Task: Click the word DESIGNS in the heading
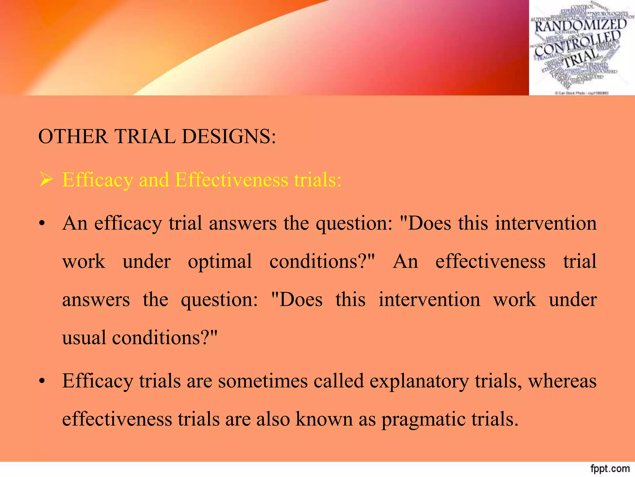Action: pyautogui.click(x=229, y=137)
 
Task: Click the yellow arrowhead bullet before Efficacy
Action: pyautogui.click(x=46, y=180)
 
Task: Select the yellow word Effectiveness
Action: pyautogui.click(x=232, y=180)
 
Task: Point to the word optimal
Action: pyautogui.click(x=220, y=261)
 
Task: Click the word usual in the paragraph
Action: pyautogui.click(x=84, y=338)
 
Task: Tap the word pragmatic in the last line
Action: pyautogui.click(x=423, y=420)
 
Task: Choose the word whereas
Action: pyautogui.click(x=562, y=381)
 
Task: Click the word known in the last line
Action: pyautogui.click(x=324, y=420)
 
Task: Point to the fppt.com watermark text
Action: pyautogui.click(x=610, y=469)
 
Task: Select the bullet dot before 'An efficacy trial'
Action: pyautogui.click(x=42, y=224)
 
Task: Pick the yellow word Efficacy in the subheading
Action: pyautogui.click(x=97, y=180)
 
